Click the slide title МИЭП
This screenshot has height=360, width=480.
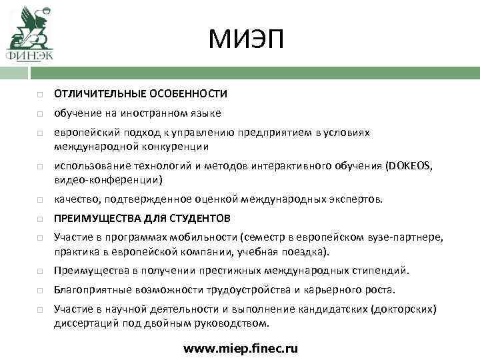tap(245, 39)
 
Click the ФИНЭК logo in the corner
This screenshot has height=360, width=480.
tap(30, 33)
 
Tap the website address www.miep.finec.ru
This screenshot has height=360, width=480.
tap(241, 348)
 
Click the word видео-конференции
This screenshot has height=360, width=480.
tap(107, 180)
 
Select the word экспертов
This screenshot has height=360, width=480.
tap(357, 199)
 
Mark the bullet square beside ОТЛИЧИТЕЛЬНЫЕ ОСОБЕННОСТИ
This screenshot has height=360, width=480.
tap(41, 94)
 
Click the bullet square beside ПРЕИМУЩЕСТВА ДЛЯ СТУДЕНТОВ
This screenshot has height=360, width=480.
tap(41, 219)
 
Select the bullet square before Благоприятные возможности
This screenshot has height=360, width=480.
tap(41, 291)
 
